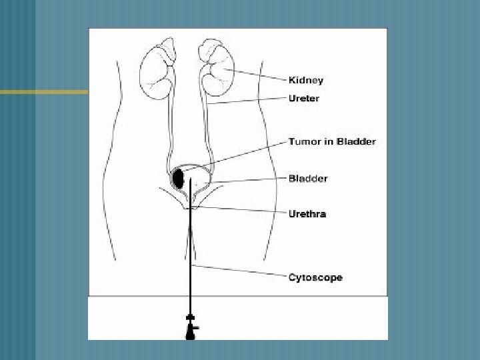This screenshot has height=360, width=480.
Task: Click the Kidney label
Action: coord(305,80)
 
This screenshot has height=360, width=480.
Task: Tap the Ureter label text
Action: coord(303,98)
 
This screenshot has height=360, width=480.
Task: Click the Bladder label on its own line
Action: coord(307,179)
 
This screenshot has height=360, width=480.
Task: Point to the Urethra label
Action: coord(307,214)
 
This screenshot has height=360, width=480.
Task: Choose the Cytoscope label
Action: coord(315,277)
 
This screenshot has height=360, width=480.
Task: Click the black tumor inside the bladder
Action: coord(179,178)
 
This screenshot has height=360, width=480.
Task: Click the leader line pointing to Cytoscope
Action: coord(240,271)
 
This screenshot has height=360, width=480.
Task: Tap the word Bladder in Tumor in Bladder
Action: coord(357,141)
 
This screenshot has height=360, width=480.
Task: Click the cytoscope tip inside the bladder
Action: coord(191,180)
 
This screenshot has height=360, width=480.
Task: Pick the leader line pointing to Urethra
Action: coord(240,210)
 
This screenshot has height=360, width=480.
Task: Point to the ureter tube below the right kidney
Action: coord(207,133)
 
